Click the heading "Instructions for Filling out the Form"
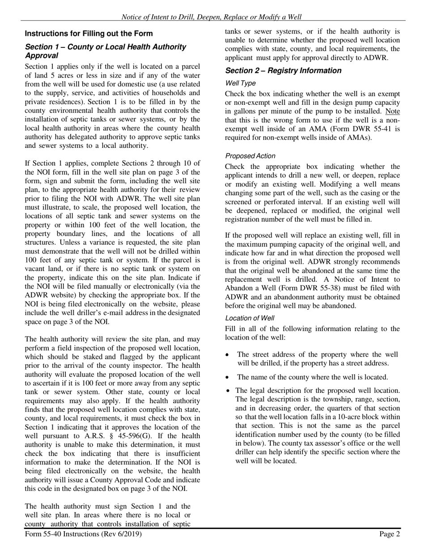coord(89,34)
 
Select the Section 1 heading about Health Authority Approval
coord(105,51)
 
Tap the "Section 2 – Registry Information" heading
coord(283,70)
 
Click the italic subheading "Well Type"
coord(240,83)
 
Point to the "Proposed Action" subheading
coord(250,156)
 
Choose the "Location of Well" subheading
coord(250,318)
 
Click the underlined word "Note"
coord(392,111)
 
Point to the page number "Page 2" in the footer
coord(390,534)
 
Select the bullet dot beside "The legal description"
coord(228,391)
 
